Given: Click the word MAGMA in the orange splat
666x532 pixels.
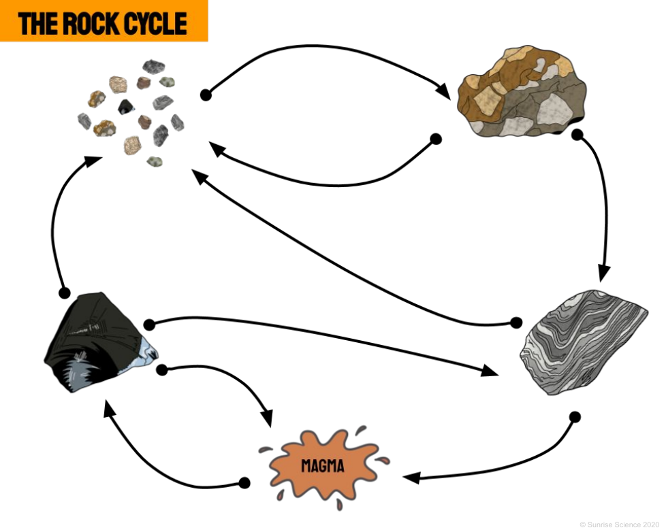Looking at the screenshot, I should (323, 467).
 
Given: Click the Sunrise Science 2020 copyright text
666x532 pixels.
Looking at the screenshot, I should (619, 525).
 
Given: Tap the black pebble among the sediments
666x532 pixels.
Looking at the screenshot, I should (125, 107).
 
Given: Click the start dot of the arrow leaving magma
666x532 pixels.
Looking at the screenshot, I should (244, 482).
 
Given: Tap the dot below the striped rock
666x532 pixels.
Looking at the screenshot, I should (575, 416).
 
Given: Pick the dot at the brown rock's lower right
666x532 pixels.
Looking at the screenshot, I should (577, 135).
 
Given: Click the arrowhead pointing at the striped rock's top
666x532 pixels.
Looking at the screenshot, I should (603, 273).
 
